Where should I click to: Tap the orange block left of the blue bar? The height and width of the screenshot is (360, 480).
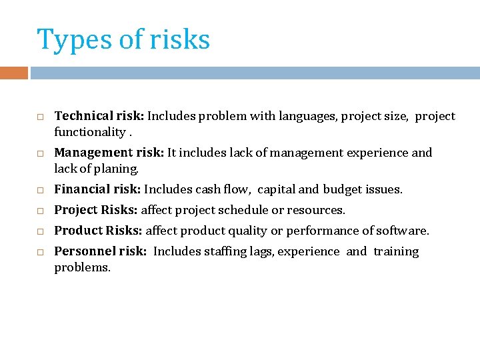point(14,73)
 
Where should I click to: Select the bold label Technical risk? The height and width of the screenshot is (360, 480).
point(99,116)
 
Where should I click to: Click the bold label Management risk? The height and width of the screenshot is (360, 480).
point(109,153)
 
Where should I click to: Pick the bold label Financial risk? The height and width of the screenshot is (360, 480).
point(97,189)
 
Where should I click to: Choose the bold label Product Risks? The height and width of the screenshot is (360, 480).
point(98,231)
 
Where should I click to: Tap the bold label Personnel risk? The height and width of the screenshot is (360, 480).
point(99,251)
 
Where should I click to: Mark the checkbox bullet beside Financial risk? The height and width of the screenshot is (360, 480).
point(40,191)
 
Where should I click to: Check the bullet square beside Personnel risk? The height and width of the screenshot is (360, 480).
point(40,253)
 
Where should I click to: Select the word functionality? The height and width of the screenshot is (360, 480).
point(89,132)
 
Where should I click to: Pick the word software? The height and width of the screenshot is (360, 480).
point(404,231)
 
